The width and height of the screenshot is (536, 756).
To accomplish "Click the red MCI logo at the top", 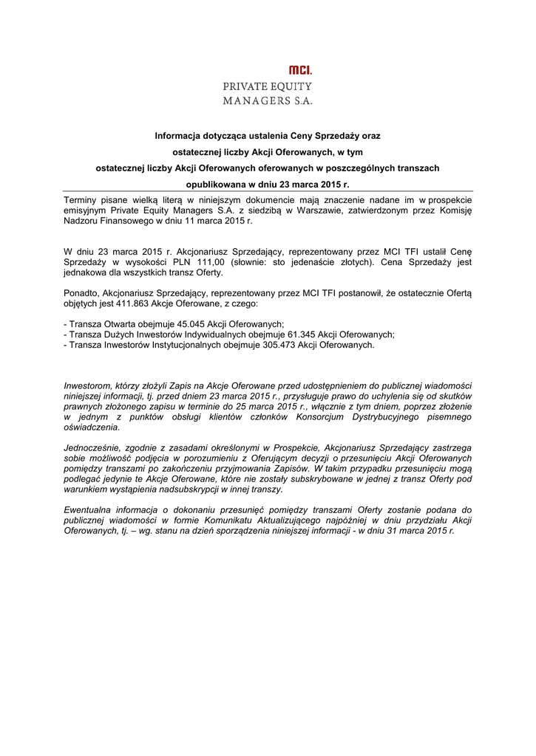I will click(x=300, y=70).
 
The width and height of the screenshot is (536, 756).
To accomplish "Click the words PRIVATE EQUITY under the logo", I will click(x=268, y=86).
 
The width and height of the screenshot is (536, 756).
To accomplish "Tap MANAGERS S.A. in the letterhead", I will click(x=268, y=100).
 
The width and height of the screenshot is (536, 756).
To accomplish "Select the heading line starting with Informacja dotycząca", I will click(x=267, y=136).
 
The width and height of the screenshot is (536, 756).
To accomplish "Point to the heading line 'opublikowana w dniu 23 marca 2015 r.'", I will click(x=267, y=185).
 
